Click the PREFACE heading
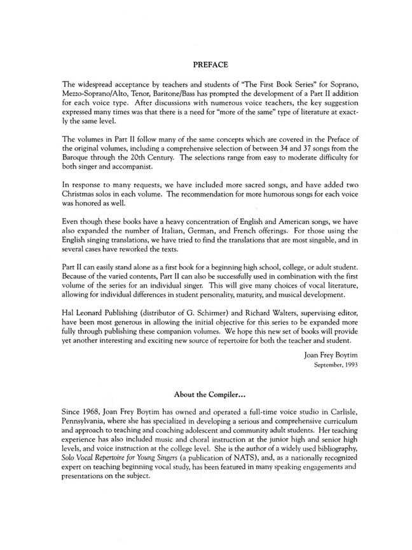point(210,64)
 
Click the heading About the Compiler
point(210,395)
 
